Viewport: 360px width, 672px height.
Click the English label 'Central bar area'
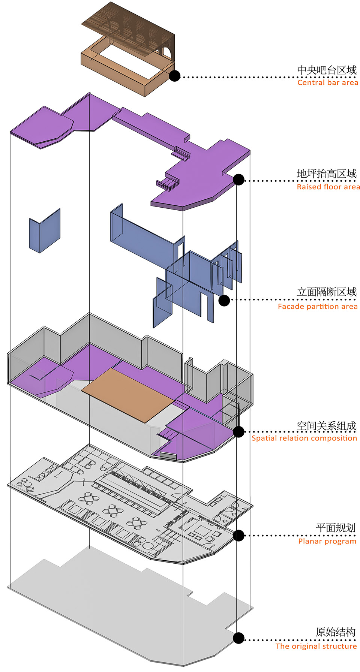tap(328, 82)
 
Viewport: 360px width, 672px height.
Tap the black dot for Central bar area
tap(174, 76)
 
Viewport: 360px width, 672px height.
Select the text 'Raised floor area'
tap(328, 187)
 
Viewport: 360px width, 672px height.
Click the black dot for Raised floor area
tap(238, 179)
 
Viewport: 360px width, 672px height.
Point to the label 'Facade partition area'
tap(318, 307)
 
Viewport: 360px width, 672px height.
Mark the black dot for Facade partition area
tap(224, 300)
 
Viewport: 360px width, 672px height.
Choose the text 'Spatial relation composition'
tap(304, 438)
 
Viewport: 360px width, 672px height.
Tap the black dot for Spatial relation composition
tap(238, 431)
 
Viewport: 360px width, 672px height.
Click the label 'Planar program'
tap(327, 541)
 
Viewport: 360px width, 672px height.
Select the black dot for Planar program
tap(238, 535)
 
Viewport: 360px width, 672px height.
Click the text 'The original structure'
tap(316, 646)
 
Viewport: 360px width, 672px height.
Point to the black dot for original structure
tap(238, 638)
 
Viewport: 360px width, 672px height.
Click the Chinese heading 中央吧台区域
tap(327, 70)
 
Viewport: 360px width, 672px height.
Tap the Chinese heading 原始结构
tap(336, 632)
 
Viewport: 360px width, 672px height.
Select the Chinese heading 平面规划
tap(336, 528)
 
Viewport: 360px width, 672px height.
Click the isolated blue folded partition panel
tap(45, 231)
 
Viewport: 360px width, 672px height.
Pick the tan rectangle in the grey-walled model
tap(128, 395)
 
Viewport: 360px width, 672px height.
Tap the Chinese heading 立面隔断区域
tap(327, 292)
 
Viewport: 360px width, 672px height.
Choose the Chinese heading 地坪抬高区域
tap(327, 174)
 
